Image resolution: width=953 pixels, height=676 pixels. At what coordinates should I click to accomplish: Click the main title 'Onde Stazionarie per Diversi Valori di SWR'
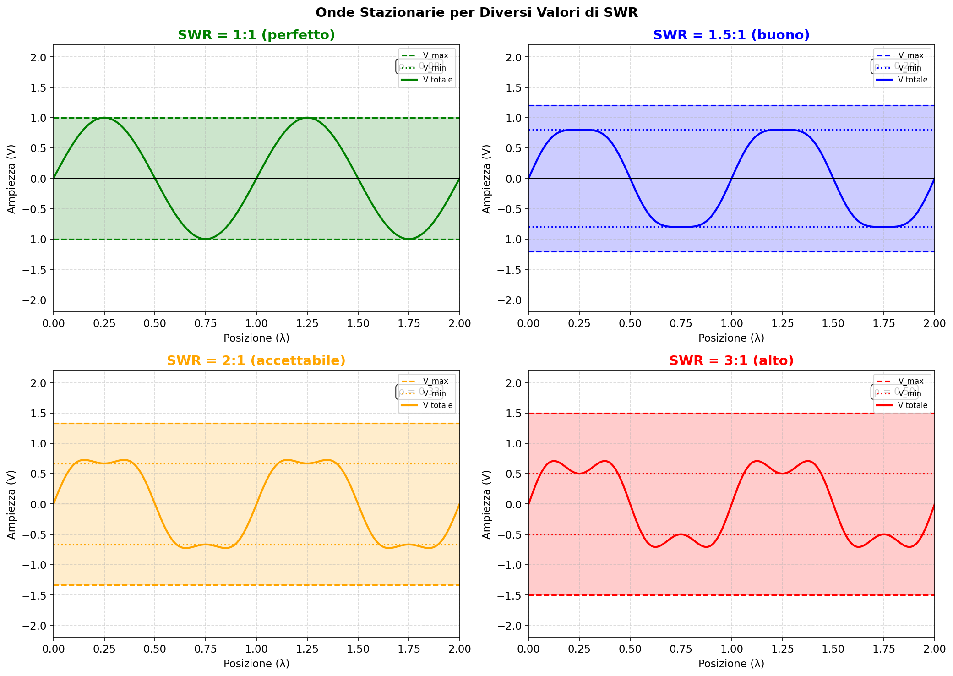pos(476,13)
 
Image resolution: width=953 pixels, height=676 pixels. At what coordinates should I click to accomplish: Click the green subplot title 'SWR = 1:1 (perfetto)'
pos(256,35)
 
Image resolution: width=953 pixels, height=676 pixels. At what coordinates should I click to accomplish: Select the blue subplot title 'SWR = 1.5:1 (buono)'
pos(731,35)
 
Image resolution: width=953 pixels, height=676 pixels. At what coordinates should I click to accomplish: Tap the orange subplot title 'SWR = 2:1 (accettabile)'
pos(256,361)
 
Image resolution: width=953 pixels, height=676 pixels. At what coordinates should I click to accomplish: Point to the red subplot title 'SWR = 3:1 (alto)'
pos(731,361)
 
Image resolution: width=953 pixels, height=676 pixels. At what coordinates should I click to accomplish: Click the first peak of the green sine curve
pos(104,118)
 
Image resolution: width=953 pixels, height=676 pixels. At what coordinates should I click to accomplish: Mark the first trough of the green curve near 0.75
pos(206,239)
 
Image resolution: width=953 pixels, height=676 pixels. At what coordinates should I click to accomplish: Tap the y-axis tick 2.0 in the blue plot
pos(516,57)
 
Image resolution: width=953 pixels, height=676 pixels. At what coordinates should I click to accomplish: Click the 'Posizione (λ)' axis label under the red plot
pos(731,664)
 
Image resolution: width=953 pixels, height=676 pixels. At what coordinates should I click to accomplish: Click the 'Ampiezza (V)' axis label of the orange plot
pos(11,504)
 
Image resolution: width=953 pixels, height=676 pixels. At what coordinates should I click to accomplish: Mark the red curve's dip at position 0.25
pos(579,474)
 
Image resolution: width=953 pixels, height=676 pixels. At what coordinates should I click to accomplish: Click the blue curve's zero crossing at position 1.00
pos(731,179)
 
